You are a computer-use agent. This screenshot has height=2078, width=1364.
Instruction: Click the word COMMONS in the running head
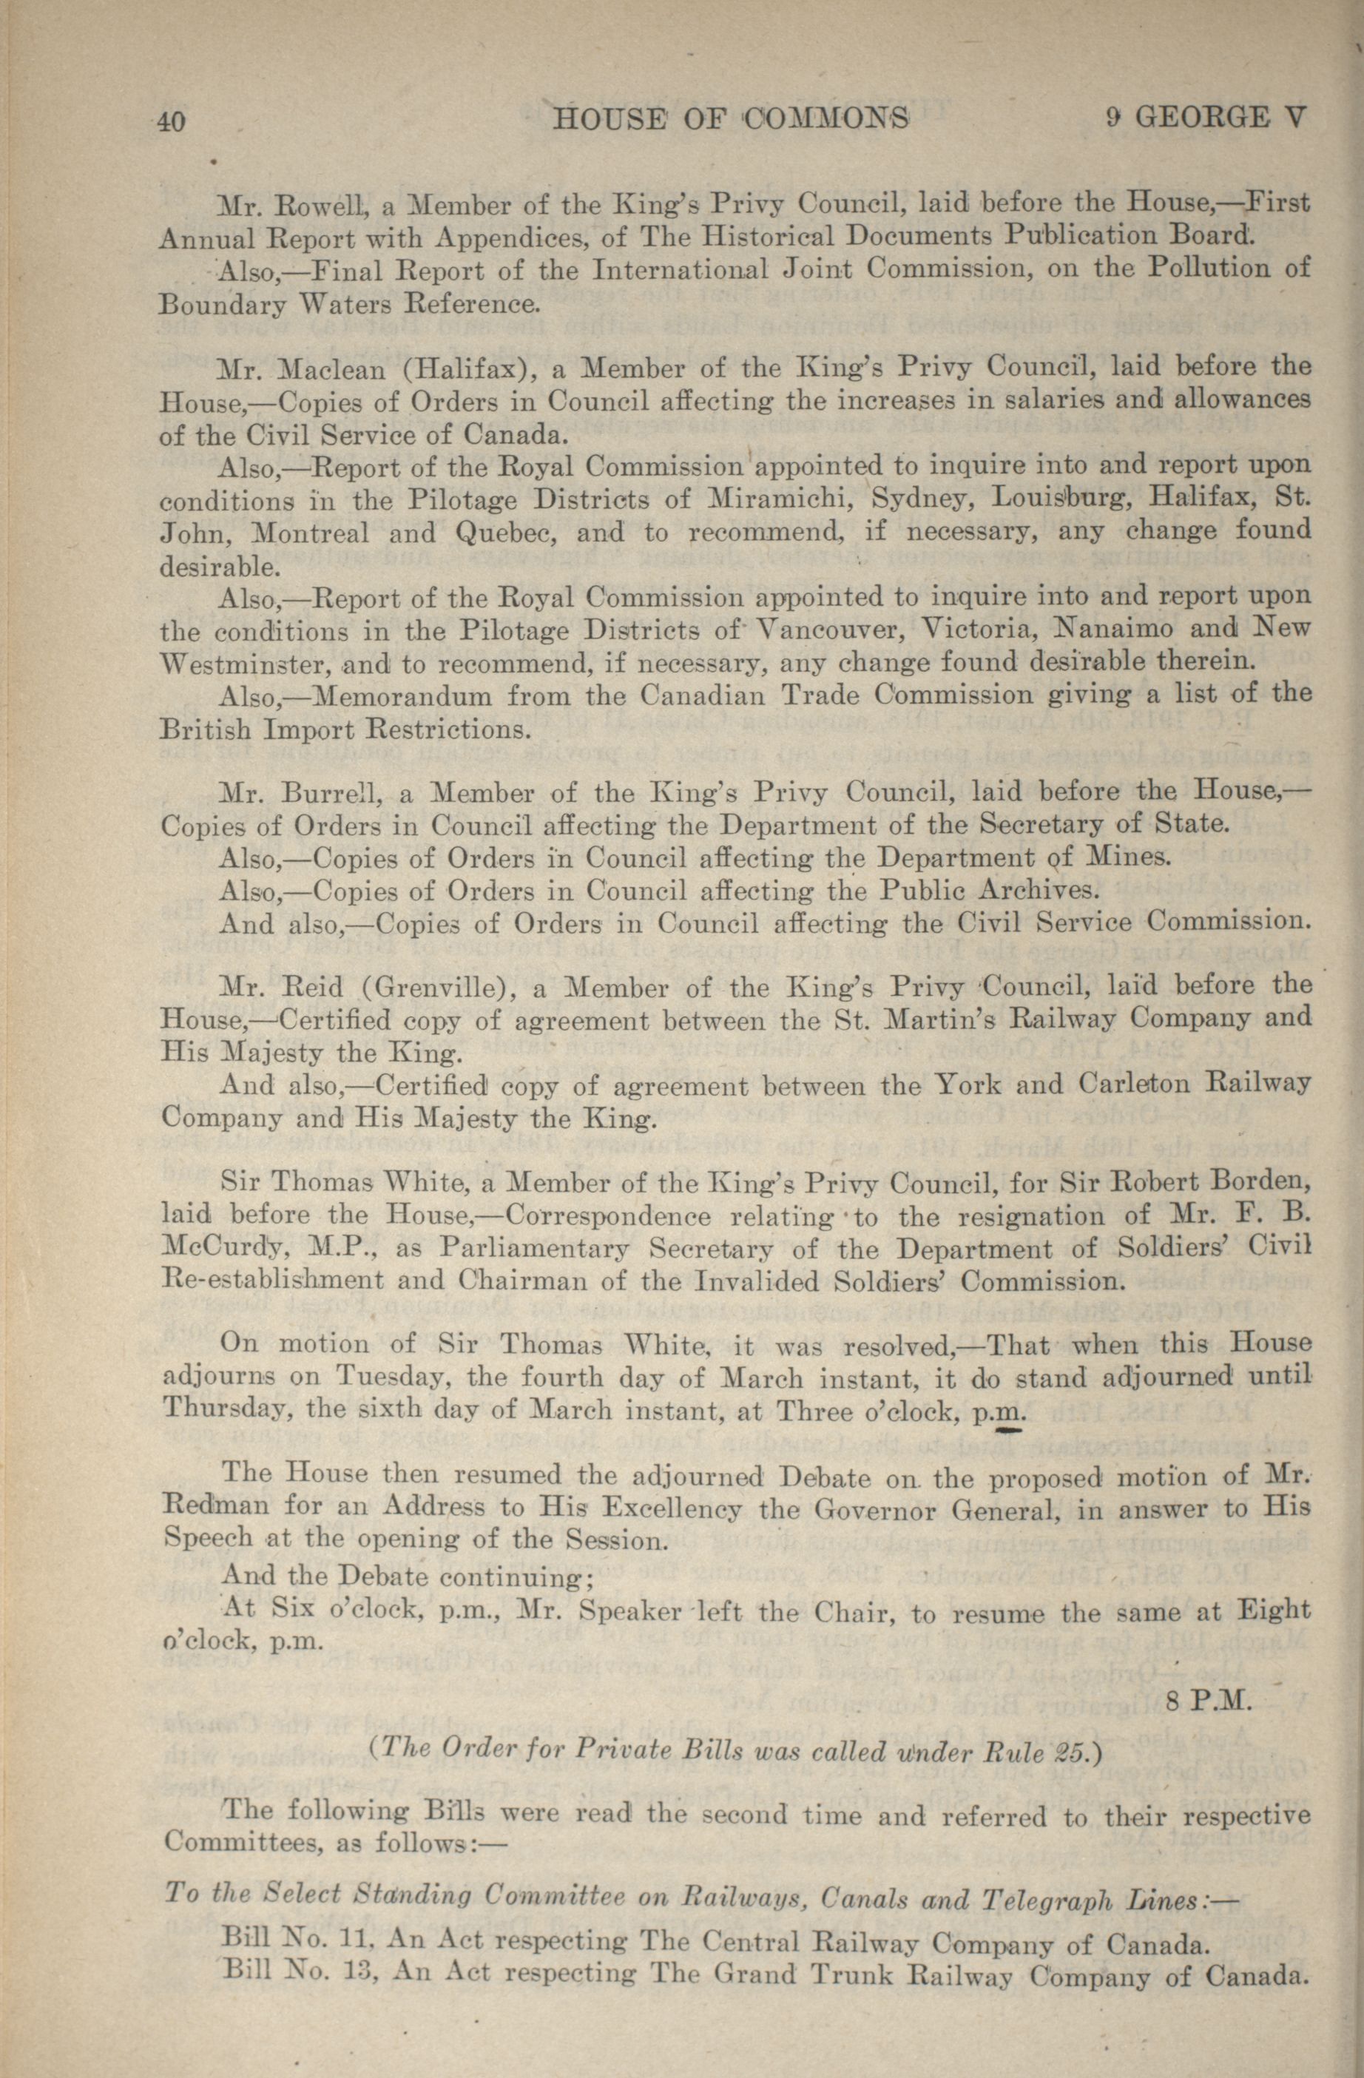point(826,118)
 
